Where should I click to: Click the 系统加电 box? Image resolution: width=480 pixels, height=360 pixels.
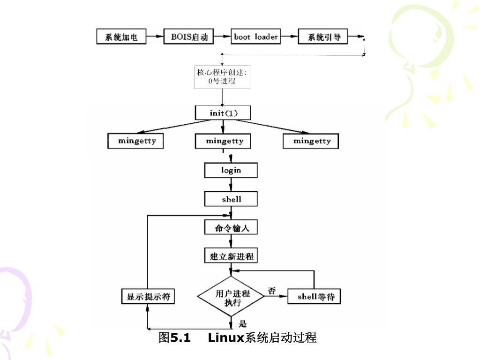[x=121, y=37]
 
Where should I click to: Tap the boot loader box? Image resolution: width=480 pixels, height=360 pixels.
[x=256, y=37]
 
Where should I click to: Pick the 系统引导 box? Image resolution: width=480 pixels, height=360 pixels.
[x=323, y=37]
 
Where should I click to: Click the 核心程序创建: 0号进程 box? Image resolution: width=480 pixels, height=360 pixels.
[x=222, y=77]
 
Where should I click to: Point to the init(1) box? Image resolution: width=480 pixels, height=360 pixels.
[x=223, y=113]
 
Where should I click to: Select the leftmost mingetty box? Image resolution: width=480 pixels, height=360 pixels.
[x=136, y=141]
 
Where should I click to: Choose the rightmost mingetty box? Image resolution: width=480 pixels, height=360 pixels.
[x=311, y=141]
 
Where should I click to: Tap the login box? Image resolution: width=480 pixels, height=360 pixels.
[x=231, y=170]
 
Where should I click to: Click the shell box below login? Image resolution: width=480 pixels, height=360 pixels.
[x=231, y=199]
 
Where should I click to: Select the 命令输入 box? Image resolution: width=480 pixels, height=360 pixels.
[x=231, y=228]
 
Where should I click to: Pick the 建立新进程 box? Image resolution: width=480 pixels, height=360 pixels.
[x=231, y=256]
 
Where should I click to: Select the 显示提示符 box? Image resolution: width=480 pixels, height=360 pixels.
[x=148, y=297]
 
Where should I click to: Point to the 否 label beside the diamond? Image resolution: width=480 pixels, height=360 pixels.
[x=271, y=291]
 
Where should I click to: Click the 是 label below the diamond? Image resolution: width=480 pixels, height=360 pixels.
[x=242, y=323]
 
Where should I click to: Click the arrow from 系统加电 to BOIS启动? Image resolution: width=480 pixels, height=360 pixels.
[x=154, y=37]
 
